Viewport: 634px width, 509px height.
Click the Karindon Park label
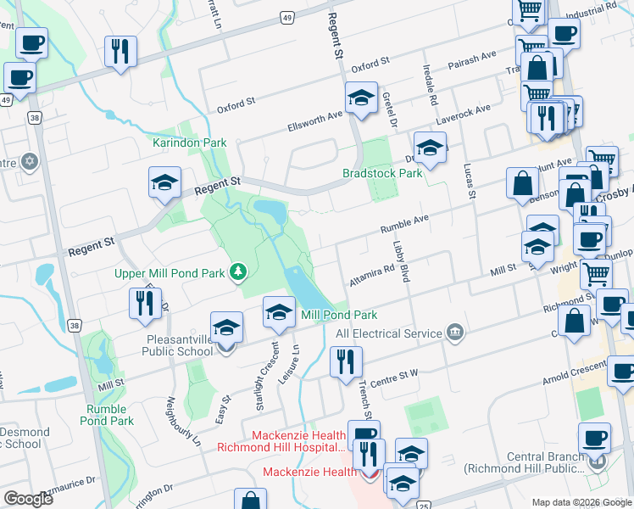pos(189,143)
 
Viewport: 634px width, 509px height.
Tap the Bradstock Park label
pos(381,173)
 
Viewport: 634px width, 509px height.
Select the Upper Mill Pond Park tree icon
pos(240,271)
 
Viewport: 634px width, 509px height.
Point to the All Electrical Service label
pos(389,333)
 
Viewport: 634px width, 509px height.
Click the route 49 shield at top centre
pos(288,17)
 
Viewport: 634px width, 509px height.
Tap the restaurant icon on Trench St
pos(346,362)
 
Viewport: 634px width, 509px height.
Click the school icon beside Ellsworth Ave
pos(361,98)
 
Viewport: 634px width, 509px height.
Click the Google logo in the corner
pos(28,499)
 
